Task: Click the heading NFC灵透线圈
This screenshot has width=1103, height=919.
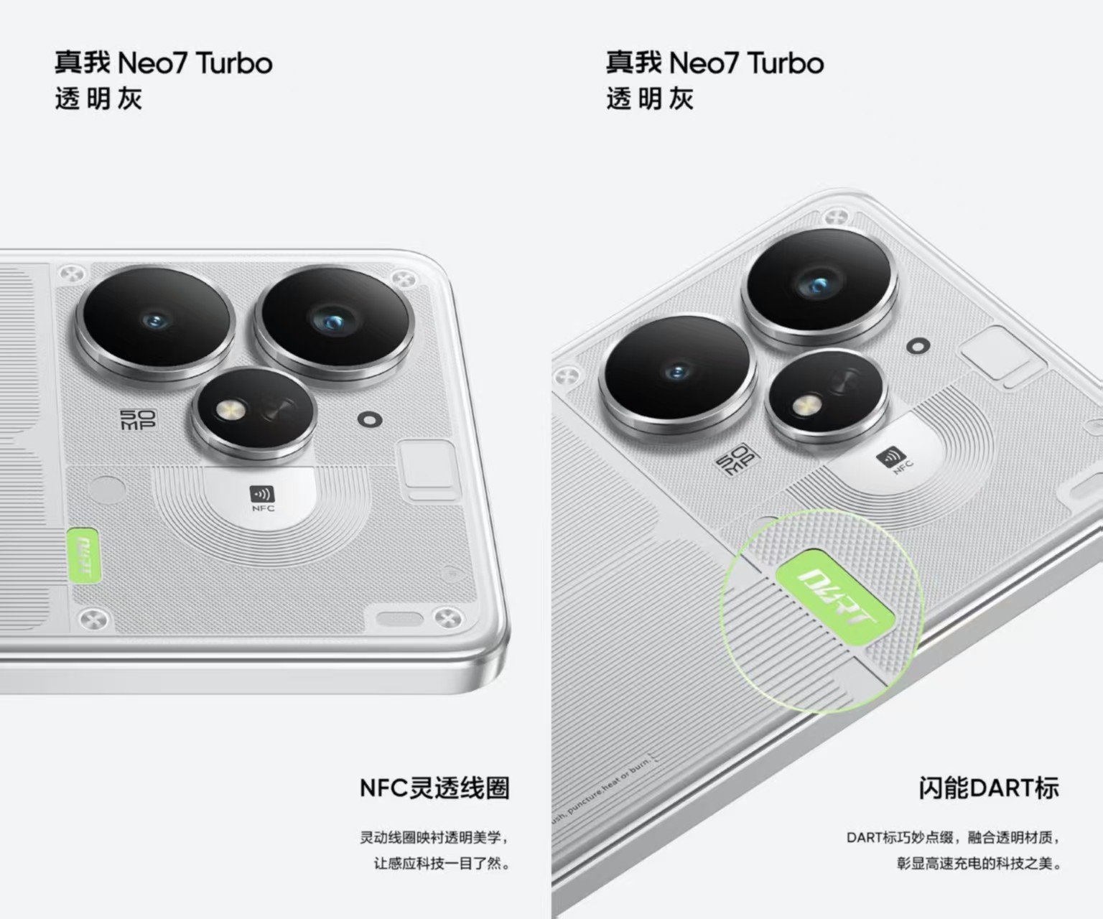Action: [434, 788]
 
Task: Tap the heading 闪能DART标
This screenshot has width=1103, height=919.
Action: [988, 788]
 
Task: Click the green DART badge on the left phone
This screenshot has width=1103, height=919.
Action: [83, 555]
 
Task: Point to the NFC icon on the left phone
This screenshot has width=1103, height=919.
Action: [261, 494]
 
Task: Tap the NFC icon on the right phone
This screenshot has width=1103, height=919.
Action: [890, 457]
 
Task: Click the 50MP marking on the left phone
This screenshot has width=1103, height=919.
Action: [137, 420]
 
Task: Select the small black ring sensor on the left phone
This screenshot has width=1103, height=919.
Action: [369, 419]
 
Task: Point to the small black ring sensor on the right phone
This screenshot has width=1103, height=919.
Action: [918, 346]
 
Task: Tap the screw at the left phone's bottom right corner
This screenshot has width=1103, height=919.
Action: [449, 617]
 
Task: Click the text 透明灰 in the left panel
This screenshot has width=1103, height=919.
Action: [98, 99]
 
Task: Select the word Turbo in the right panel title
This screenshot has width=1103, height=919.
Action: [785, 63]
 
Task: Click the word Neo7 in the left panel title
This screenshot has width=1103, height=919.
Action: [154, 63]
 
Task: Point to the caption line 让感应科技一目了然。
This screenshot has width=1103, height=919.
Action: [441, 862]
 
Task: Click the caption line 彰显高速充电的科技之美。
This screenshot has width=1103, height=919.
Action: [978, 862]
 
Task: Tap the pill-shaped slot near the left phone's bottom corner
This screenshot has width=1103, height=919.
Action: [400, 619]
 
